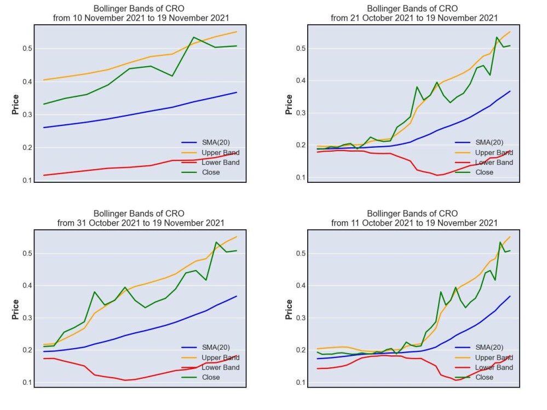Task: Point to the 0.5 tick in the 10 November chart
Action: (x=27, y=49)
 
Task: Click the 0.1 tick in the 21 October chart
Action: (x=301, y=177)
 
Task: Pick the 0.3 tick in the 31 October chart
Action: (x=27, y=318)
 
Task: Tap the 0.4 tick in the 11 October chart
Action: (x=301, y=286)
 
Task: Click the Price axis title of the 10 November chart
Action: (x=15, y=104)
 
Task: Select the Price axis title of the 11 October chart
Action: (x=289, y=309)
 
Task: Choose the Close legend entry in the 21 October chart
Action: (x=474, y=172)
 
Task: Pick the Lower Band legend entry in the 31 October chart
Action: (x=211, y=367)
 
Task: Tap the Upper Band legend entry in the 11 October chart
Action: (x=484, y=357)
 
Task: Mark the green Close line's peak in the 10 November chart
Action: (x=194, y=37)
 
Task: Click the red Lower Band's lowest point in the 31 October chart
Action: (x=125, y=380)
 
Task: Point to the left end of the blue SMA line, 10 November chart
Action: (x=44, y=128)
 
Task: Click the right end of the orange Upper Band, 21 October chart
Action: (x=510, y=32)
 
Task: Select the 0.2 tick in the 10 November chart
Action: (x=27, y=147)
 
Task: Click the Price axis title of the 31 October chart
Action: (x=15, y=309)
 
